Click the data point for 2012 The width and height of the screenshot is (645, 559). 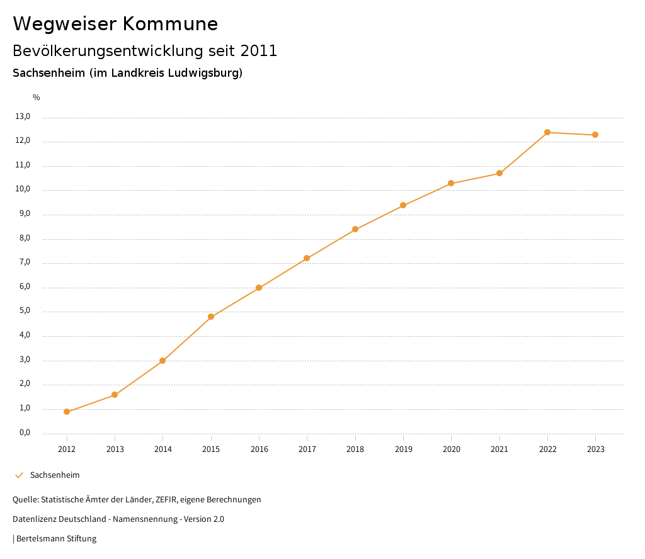[x=67, y=412]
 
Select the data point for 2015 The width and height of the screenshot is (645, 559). [x=211, y=317]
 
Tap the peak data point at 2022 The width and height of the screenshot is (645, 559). [x=547, y=132]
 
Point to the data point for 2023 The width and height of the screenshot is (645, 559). [x=595, y=135]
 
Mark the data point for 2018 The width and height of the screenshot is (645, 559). [x=355, y=229]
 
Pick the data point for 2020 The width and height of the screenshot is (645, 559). [x=451, y=183]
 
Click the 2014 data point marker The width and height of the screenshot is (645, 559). [x=163, y=361]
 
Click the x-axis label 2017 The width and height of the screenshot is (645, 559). [x=307, y=449]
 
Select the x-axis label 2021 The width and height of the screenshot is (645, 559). [x=499, y=449]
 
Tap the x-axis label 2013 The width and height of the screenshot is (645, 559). [x=115, y=449]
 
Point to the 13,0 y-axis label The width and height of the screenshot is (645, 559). [x=23, y=116]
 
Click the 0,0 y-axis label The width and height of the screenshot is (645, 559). [x=25, y=432]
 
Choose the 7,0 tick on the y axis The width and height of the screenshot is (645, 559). [x=25, y=263]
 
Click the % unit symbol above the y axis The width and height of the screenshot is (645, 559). [x=37, y=98]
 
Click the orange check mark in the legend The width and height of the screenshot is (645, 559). [x=19, y=475]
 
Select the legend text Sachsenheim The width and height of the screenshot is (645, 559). [x=55, y=475]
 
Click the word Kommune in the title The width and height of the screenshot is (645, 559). [x=170, y=24]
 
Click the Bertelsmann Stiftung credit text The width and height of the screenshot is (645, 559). [x=56, y=538]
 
